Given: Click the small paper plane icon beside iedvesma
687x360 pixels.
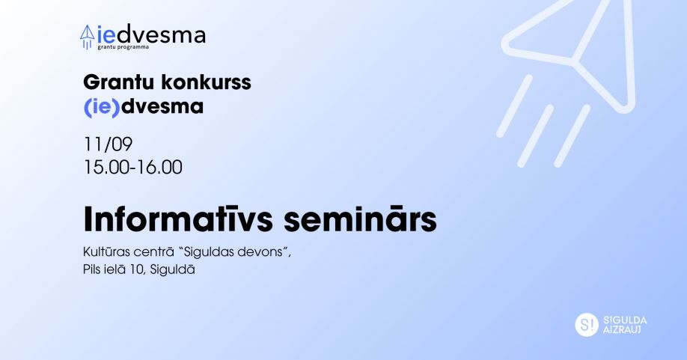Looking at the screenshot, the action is click(x=88, y=37).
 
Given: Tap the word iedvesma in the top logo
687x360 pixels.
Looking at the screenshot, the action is click(x=151, y=34).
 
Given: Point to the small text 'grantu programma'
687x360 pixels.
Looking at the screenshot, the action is click(x=123, y=47).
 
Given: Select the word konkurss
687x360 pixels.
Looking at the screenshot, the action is click(x=207, y=82).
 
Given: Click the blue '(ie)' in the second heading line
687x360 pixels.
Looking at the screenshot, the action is click(x=102, y=107).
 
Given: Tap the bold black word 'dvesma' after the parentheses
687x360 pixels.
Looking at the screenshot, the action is click(x=162, y=106).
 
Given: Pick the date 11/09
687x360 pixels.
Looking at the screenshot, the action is click(x=108, y=144).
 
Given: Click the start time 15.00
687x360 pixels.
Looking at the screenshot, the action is click(x=107, y=168).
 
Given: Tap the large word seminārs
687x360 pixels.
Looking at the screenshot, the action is click(x=360, y=219).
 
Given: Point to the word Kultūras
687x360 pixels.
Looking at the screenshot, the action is click(x=106, y=252).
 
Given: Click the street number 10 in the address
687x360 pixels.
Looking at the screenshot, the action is click(x=137, y=269).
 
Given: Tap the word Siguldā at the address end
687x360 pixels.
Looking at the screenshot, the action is click(x=172, y=269).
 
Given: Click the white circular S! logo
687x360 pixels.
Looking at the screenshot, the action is click(x=587, y=325).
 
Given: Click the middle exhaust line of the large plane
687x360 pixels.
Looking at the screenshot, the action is click(x=536, y=135).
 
